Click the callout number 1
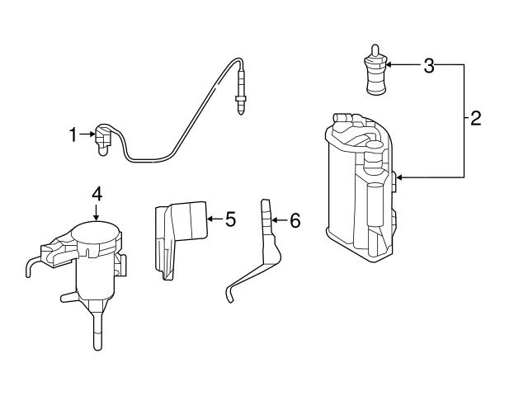73,133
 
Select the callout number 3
428,66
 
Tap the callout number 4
97,194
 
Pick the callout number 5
230,219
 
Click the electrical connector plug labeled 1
104,138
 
